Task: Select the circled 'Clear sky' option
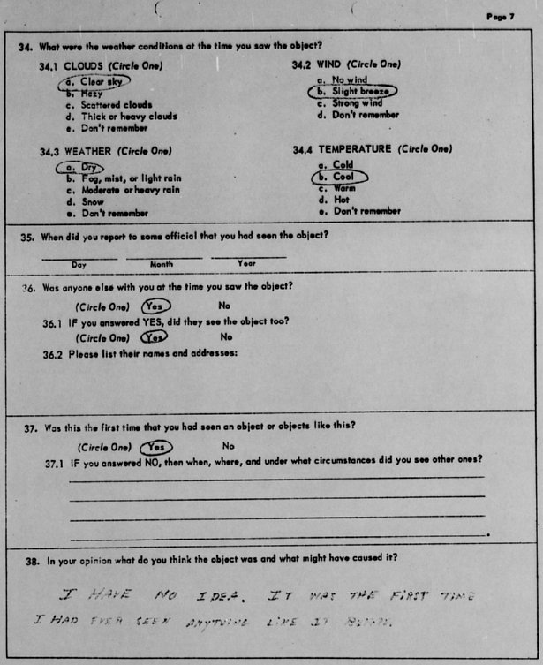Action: point(96,81)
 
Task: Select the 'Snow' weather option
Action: point(93,201)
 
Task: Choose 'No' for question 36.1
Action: point(227,336)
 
